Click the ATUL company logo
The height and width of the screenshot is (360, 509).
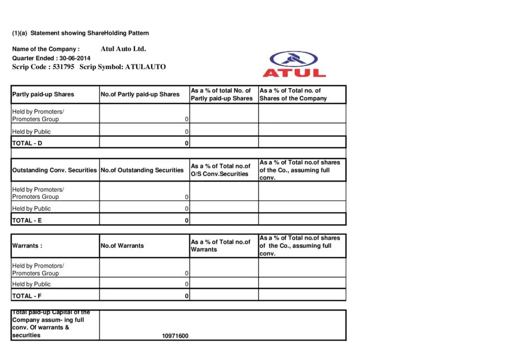(x=294, y=65)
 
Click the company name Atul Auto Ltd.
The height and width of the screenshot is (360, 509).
(x=123, y=49)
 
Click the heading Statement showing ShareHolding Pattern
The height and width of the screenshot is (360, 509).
(x=89, y=33)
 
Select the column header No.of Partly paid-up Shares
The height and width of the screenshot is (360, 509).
(x=140, y=94)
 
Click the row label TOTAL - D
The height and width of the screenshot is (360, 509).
(x=27, y=143)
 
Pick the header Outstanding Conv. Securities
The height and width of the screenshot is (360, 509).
(x=55, y=170)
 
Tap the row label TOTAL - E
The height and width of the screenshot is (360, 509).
(x=27, y=220)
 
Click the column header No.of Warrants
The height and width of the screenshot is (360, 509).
(x=122, y=246)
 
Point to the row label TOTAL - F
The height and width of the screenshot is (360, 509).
(x=27, y=296)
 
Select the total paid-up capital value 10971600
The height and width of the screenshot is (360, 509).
(x=175, y=336)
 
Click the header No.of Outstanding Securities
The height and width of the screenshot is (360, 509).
(x=142, y=170)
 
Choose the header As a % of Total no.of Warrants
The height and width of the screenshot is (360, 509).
(x=221, y=246)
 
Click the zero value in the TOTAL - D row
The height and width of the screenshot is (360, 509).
(x=187, y=144)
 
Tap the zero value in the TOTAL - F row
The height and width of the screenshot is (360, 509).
(x=187, y=296)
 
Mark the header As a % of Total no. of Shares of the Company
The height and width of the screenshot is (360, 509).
(x=293, y=94)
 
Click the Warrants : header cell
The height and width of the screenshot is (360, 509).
(x=27, y=246)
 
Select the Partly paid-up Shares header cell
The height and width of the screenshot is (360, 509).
(x=43, y=94)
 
